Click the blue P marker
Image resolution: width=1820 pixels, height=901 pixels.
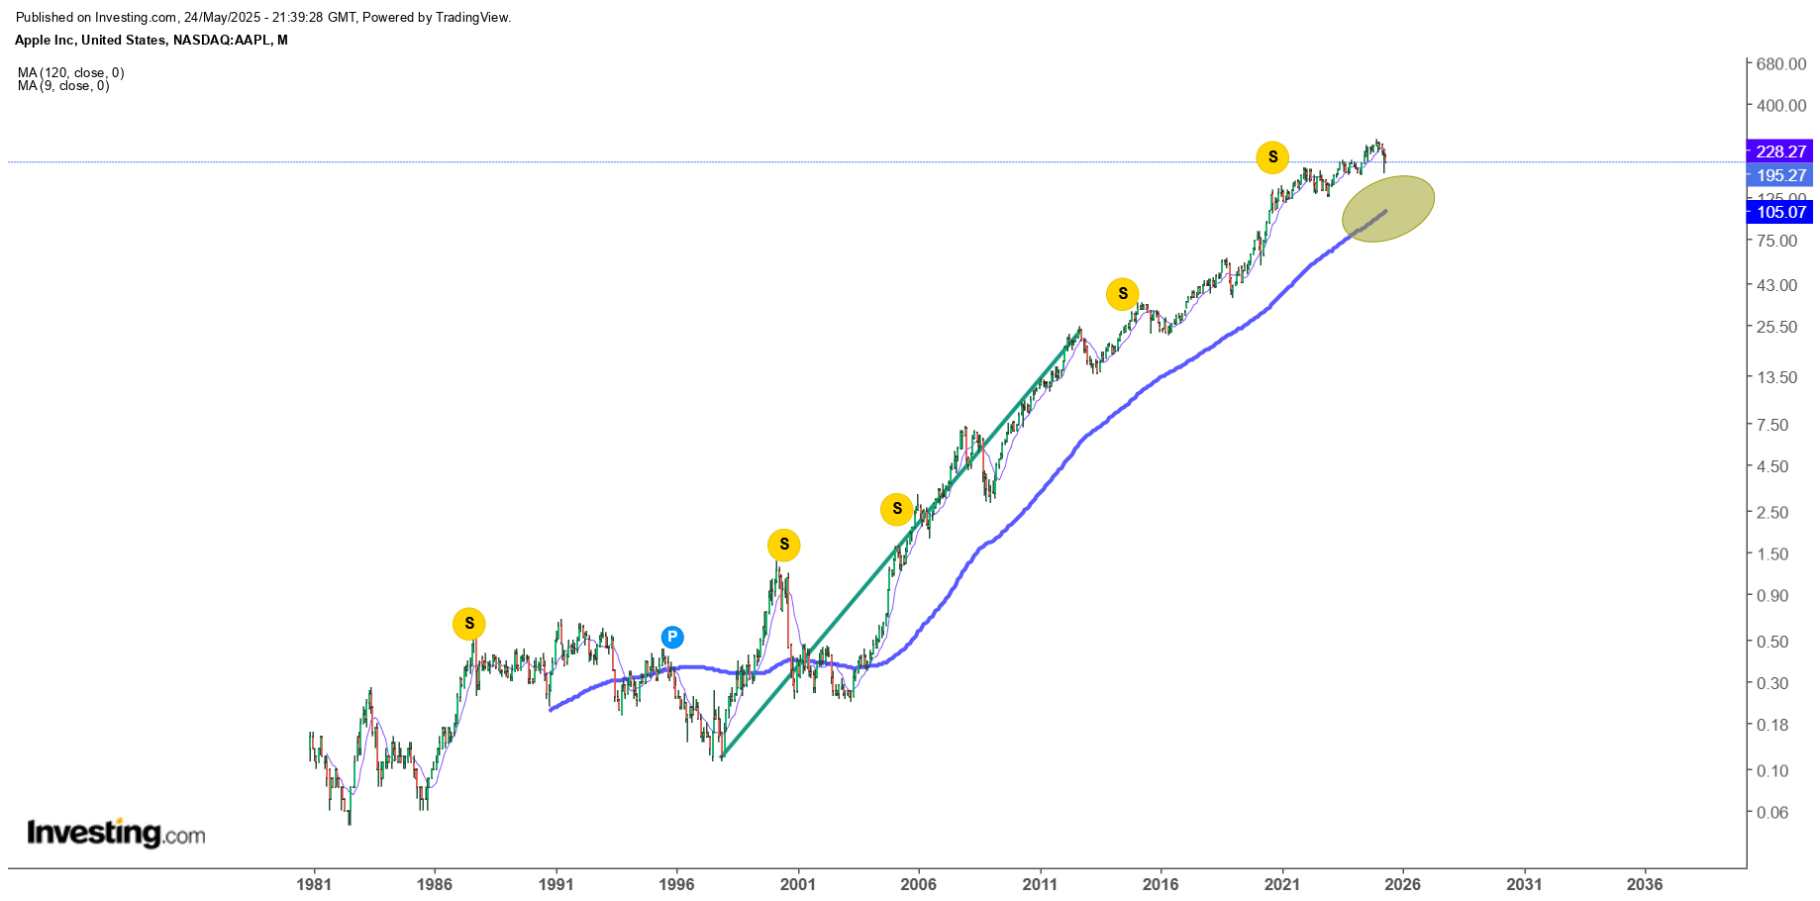(672, 638)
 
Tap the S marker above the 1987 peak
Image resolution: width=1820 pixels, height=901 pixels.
(469, 624)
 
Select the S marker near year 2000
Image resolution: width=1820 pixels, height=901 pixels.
(784, 545)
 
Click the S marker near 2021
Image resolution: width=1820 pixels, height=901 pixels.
(1272, 156)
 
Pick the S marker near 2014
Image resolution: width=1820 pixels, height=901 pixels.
(1123, 294)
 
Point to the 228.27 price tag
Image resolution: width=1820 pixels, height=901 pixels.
(1780, 151)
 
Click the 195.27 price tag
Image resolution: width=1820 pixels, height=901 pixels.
(1780, 175)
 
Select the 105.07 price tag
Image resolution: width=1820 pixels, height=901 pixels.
(1780, 212)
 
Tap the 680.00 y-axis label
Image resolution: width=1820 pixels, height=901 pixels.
(1781, 64)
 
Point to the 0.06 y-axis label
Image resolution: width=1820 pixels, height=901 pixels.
(1771, 813)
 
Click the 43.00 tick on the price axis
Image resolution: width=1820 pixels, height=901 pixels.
(1776, 285)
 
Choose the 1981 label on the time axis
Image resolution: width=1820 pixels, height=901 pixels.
(314, 884)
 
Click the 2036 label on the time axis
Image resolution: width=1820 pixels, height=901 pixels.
(1645, 884)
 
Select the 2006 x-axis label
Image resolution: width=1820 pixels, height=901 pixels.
(919, 884)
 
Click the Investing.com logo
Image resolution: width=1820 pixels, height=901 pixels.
(116, 833)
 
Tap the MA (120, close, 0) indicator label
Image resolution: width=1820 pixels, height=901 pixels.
(71, 72)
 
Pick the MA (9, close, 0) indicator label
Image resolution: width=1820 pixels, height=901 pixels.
(63, 86)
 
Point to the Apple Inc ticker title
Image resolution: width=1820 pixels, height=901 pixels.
(152, 41)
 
